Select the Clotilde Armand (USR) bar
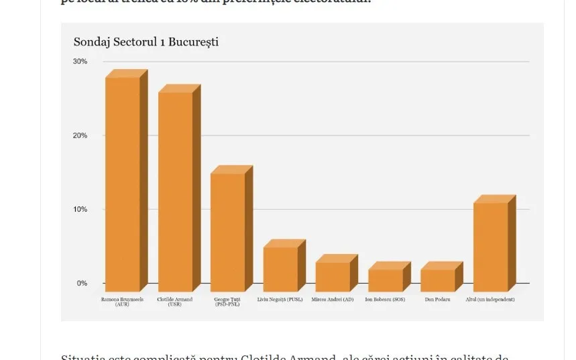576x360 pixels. [x=175, y=192]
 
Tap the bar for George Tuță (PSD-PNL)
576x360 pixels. [x=228, y=232]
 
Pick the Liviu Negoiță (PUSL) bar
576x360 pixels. [x=280, y=269]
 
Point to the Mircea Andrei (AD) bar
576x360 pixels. [x=333, y=276]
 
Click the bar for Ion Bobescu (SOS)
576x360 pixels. [x=386, y=280]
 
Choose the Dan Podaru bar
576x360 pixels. [x=438, y=280]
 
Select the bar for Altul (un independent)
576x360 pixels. [x=490, y=247]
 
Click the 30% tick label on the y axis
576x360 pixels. [x=80, y=62]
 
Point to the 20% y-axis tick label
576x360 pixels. [x=80, y=135]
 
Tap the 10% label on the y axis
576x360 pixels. [x=80, y=209]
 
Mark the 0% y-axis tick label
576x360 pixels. [x=82, y=284]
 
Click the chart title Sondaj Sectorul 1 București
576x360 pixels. [x=146, y=42]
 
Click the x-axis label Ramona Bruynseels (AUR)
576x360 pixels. [x=122, y=302]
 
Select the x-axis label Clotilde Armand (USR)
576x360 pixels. [x=174, y=302]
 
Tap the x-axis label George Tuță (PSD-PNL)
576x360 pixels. [x=227, y=302]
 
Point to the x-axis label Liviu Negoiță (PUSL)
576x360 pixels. [x=280, y=300]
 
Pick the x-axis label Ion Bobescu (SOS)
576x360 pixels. [x=386, y=300]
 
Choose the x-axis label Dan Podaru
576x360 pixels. [x=437, y=300]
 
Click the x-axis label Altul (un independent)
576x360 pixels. [x=490, y=300]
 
